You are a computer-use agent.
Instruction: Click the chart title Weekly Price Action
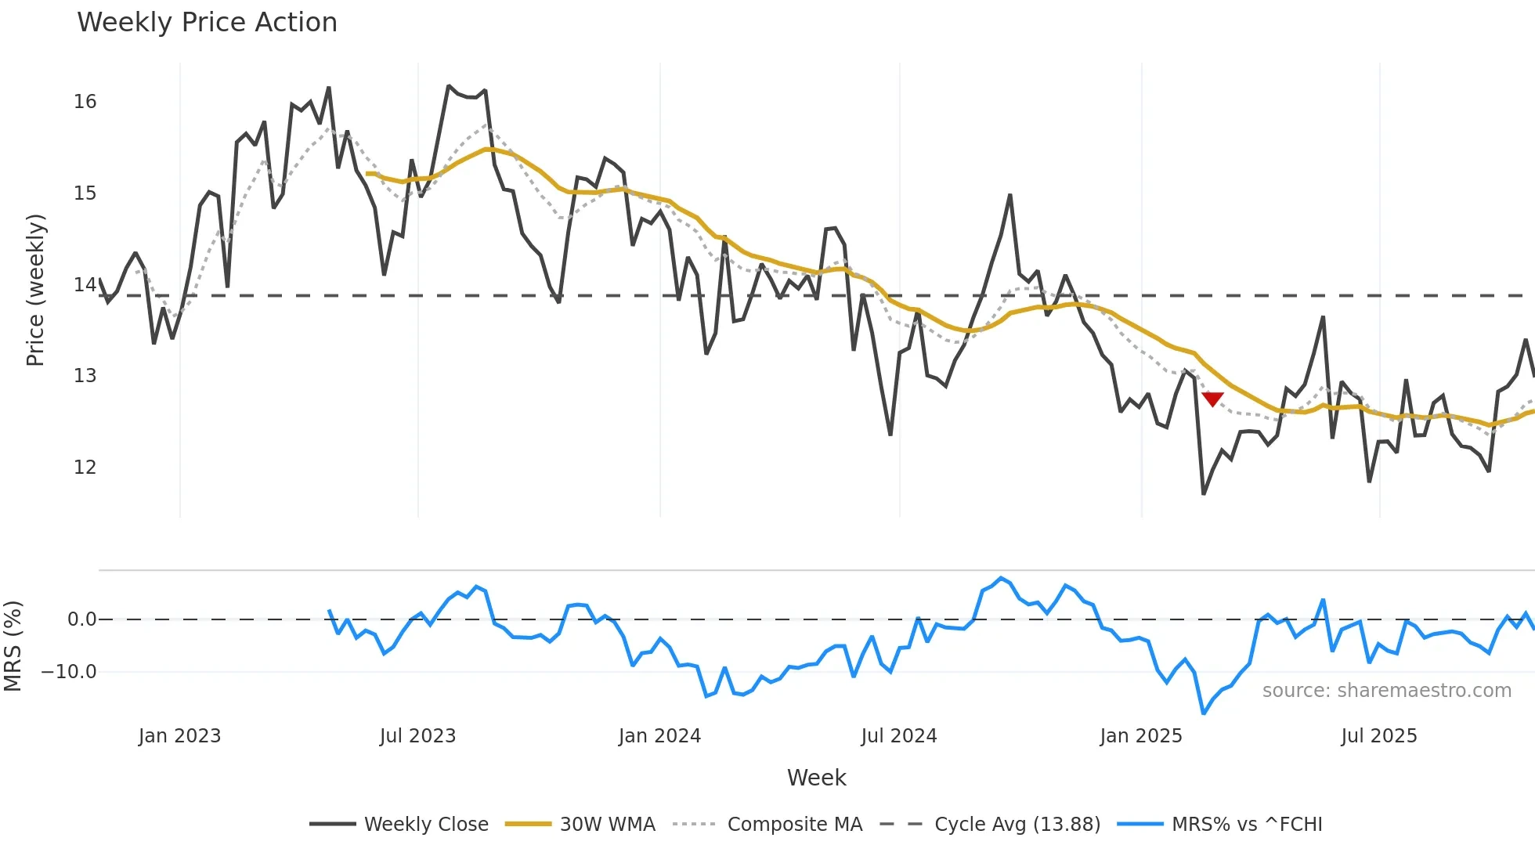click(207, 23)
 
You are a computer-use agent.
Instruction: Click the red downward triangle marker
click(1212, 399)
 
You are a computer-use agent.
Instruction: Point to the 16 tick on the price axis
click(85, 102)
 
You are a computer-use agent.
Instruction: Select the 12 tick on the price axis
click(85, 468)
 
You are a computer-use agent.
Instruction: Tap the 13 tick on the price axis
click(85, 376)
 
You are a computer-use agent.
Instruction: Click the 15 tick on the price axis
click(85, 193)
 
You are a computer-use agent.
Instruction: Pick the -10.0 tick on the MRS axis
click(69, 672)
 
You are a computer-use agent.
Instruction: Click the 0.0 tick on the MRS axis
click(81, 619)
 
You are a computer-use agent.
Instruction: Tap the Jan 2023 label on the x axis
click(179, 736)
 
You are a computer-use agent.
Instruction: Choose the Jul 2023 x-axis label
click(417, 736)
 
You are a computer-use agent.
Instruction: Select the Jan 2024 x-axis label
click(659, 736)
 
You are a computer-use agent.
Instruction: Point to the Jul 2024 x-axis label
click(899, 736)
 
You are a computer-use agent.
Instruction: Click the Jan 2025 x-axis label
click(1141, 736)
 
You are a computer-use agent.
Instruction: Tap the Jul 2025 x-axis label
click(1379, 736)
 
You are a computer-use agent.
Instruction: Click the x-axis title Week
click(816, 778)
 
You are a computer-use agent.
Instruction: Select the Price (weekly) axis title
click(35, 290)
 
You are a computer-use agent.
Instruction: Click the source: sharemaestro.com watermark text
click(1386, 691)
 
